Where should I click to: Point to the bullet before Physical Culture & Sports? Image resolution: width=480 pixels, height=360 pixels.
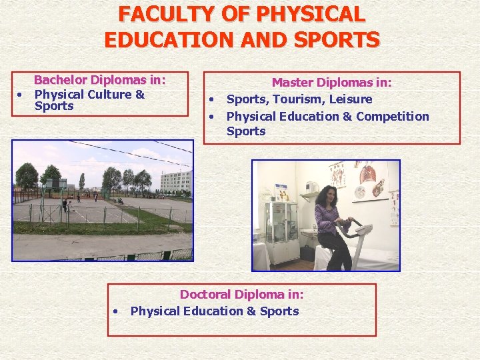point(20,94)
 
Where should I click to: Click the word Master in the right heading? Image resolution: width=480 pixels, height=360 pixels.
point(293,83)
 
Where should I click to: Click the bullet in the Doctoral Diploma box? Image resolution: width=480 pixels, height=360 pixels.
point(116,311)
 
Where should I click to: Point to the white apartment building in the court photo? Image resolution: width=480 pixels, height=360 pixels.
point(174,181)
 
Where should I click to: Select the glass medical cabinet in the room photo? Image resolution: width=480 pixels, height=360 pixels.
point(281,223)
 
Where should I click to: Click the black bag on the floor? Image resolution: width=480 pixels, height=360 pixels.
point(307,253)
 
